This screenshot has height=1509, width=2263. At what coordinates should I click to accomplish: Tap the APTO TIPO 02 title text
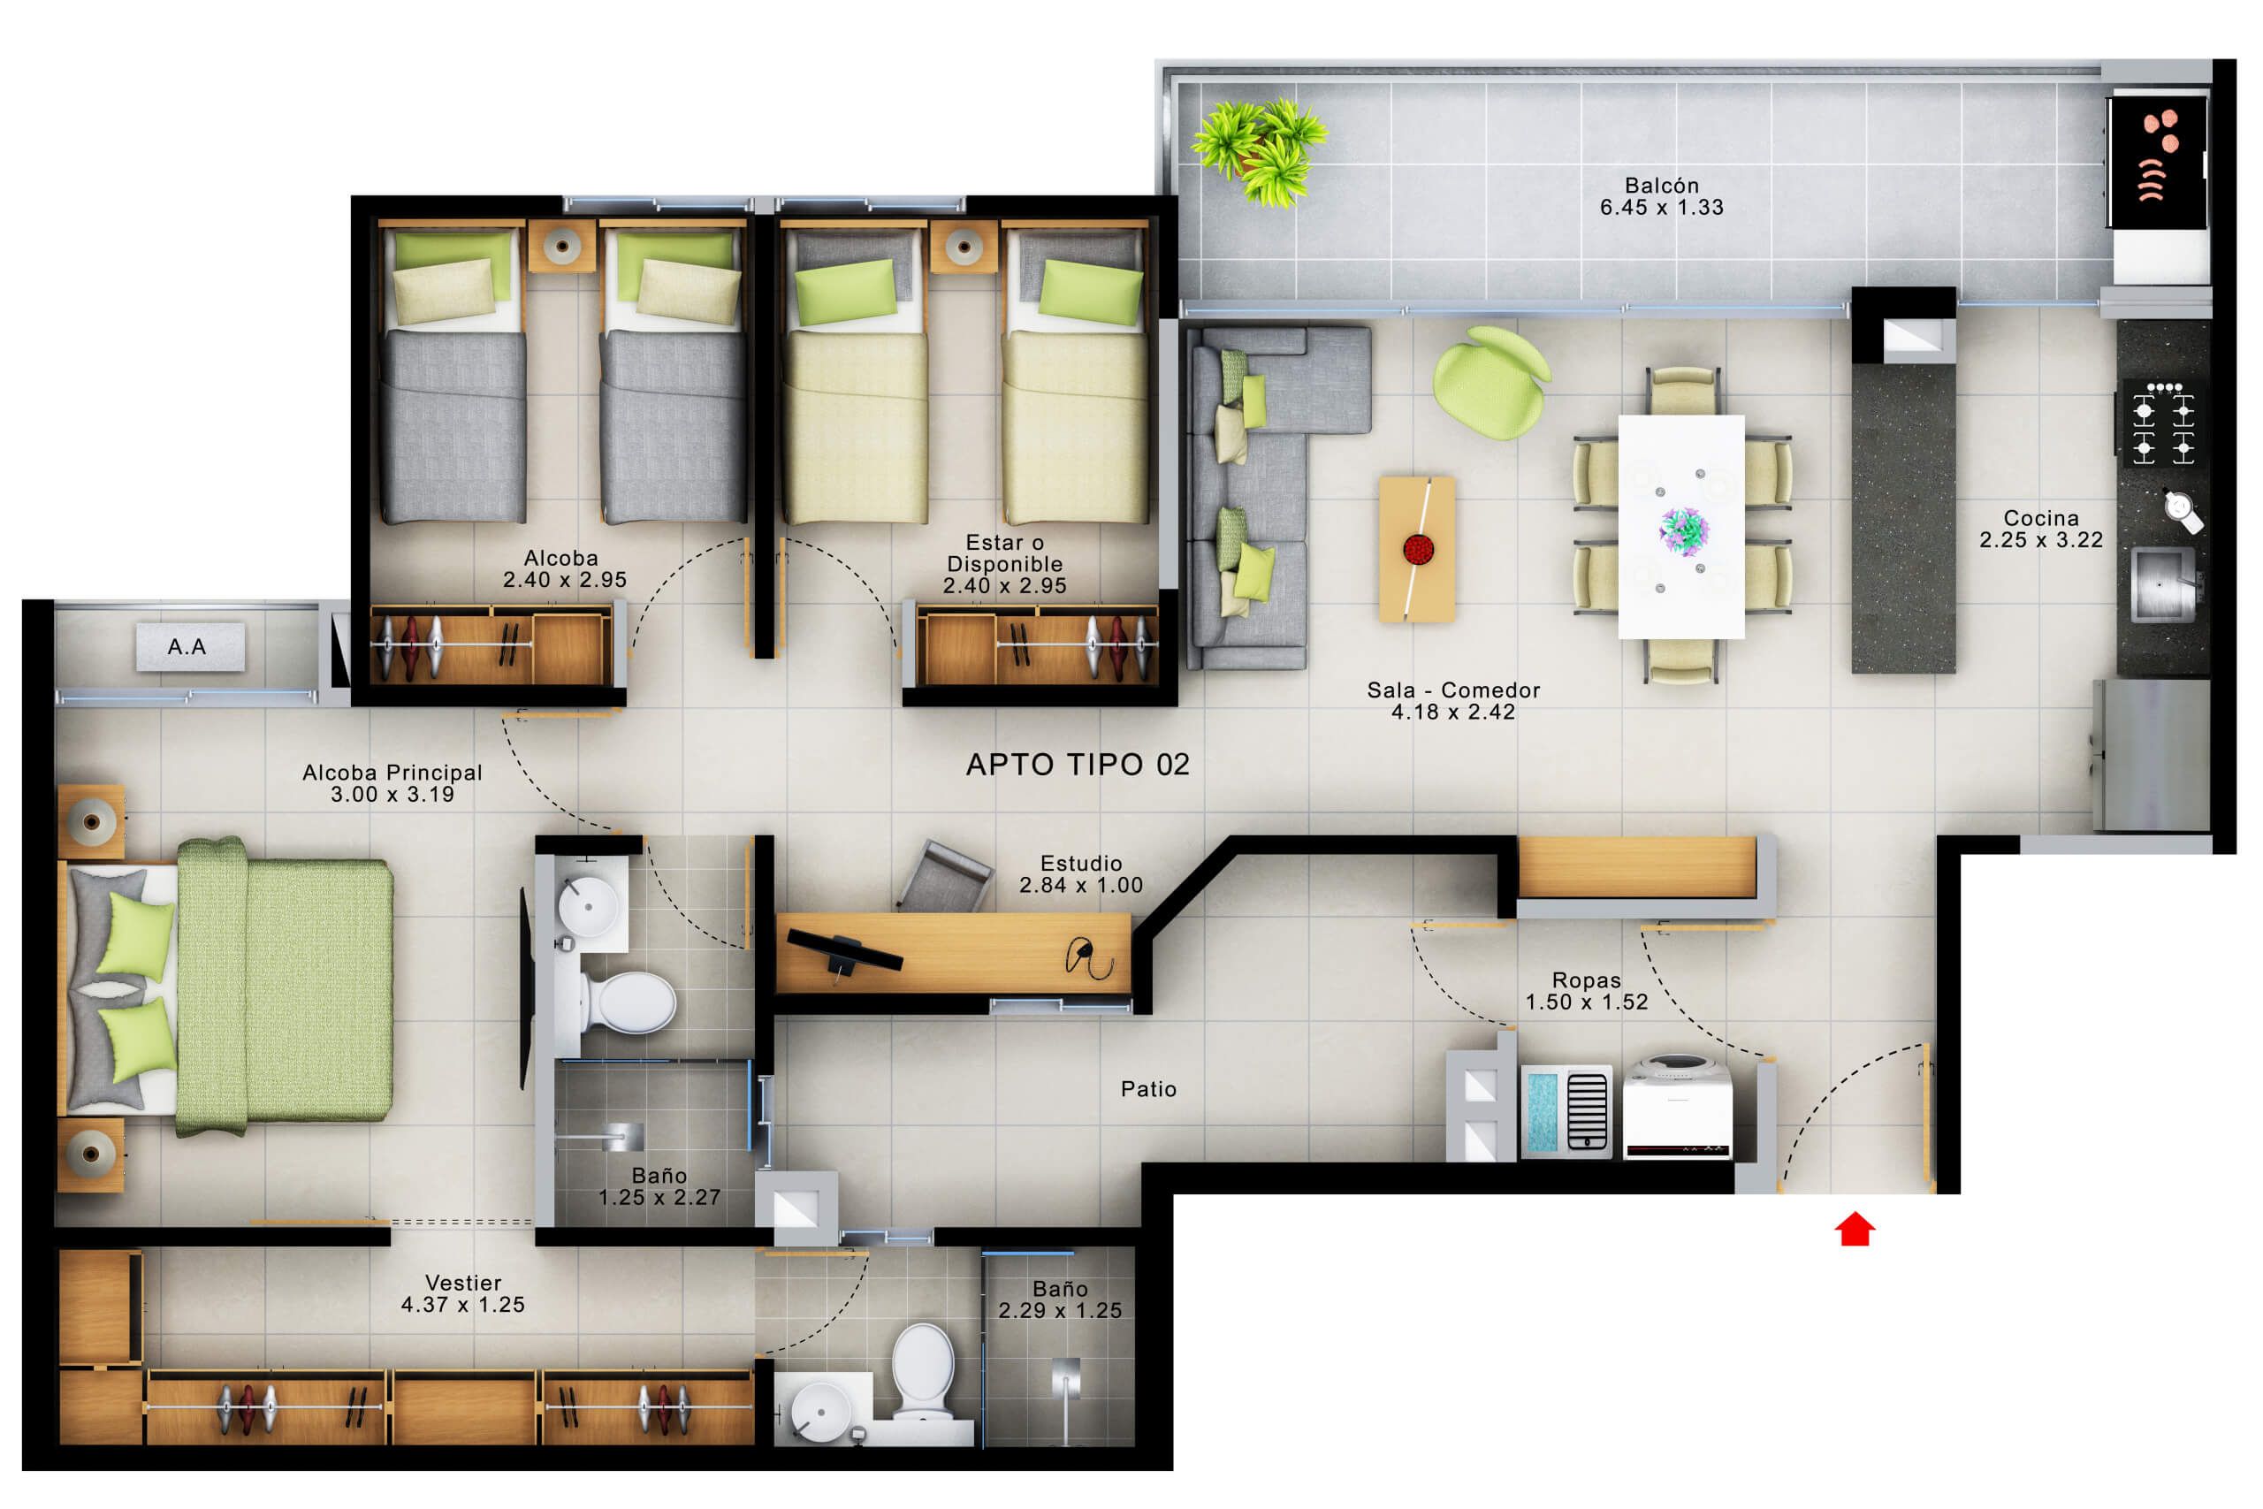click(1078, 764)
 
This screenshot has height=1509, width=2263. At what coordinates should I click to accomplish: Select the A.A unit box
click(189, 647)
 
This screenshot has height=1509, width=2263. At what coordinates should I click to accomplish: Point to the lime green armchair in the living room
click(1489, 382)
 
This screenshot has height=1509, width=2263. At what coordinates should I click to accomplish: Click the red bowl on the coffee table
click(1418, 550)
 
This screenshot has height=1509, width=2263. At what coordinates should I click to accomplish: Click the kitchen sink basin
click(2161, 584)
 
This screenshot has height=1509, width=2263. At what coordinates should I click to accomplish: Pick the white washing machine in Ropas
click(1677, 1106)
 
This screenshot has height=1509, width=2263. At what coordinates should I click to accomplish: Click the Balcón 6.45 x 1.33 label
click(1662, 196)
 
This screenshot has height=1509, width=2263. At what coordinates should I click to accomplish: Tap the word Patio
click(1148, 1089)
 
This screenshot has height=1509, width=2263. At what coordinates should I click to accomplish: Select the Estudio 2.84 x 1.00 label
click(1080, 873)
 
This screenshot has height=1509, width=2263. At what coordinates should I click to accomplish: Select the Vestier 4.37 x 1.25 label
click(463, 1293)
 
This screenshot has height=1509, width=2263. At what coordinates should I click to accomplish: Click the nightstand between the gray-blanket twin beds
click(562, 247)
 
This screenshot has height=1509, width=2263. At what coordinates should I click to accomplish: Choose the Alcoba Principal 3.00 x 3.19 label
click(392, 783)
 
